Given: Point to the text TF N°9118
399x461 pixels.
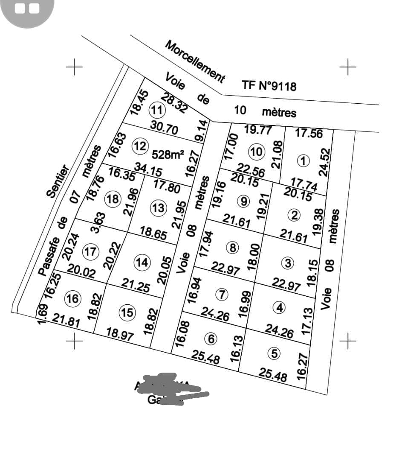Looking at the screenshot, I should (x=269, y=85).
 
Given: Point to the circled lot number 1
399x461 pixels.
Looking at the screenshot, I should (x=303, y=161).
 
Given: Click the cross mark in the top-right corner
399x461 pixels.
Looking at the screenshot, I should (x=348, y=67).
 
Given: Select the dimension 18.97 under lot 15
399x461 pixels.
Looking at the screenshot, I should (x=120, y=334).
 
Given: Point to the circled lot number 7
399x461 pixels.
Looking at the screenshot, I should (x=222, y=294).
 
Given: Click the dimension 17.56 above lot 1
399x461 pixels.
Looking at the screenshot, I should (x=309, y=133).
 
